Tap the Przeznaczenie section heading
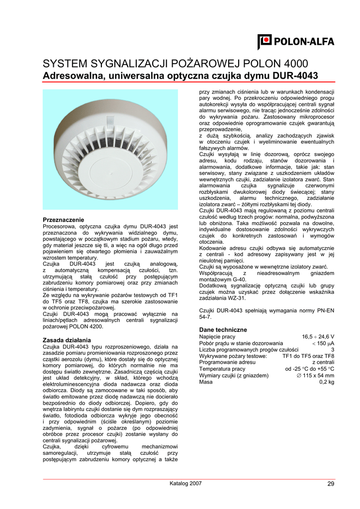[x=64, y=220]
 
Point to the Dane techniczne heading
[x=223, y=330]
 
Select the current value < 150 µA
[x=323, y=343]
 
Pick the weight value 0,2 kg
[x=327, y=382]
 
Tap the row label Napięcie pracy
[x=217, y=337]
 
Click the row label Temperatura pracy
[x=222, y=369]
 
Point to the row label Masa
[x=206, y=382]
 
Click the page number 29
[x=331, y=484]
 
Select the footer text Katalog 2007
[x=186, y=484]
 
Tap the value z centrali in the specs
[x=323, y=363]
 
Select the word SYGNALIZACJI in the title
[x=131, y=64]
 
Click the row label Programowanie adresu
[x=227, y=363]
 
